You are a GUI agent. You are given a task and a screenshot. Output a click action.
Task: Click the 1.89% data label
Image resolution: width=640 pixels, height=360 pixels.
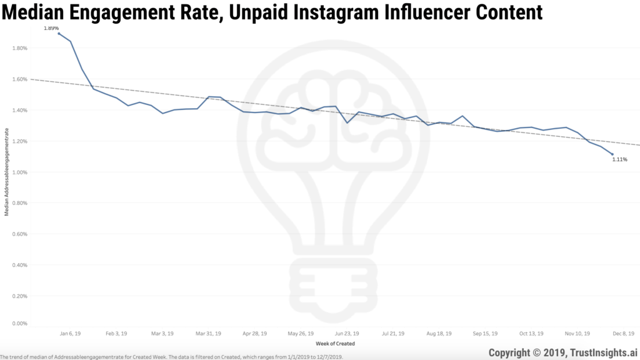point(51,28)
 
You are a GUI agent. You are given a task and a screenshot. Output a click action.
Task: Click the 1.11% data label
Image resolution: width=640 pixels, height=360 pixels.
point(619,160)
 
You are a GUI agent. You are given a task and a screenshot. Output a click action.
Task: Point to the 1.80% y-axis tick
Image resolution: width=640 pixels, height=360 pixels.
point(19,48)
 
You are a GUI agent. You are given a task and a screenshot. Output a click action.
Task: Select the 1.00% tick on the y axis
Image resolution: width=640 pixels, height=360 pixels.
point(19,172)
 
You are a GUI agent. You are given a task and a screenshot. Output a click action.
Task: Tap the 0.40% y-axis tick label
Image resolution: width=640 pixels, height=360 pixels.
point(19,265)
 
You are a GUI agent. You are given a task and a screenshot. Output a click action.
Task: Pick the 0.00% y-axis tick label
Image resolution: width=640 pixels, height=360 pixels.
point(19,324)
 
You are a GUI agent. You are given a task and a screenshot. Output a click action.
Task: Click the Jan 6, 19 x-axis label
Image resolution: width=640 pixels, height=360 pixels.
point(69,334)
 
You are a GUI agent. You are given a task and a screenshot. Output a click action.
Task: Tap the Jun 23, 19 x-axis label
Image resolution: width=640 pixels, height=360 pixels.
point(347,334)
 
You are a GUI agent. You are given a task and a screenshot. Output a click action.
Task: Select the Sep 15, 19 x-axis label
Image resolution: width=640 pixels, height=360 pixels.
point(485,334)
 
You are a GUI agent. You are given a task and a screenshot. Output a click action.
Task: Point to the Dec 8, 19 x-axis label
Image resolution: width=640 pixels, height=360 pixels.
point(623,334)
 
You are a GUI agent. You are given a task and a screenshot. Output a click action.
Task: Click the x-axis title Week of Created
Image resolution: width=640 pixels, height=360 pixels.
point(336,344)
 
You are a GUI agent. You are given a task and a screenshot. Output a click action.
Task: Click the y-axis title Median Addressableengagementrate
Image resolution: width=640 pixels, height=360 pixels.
point(7,172)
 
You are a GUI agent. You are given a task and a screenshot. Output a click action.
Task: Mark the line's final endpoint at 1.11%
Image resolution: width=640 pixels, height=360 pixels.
point(612,154)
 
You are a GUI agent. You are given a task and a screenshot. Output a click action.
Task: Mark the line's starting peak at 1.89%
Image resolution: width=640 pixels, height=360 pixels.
point(59,33)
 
